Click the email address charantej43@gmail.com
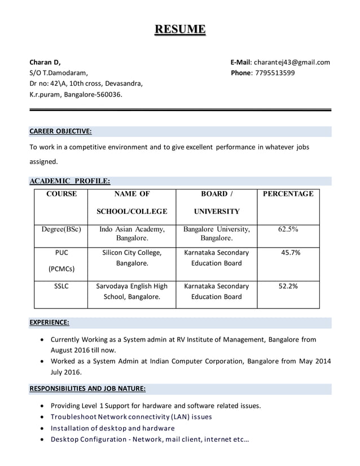[291, 62]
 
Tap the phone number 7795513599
[275, 73]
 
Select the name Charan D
[45, 62]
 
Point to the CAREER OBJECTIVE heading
[60, 131]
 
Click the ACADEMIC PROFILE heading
[69, 181]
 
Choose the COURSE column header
[62, 194]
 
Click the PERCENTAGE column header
[288, 194]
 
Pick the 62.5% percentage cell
[288, 230]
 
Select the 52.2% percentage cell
[288, 287]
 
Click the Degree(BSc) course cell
[62, 230]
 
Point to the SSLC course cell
[61, 287]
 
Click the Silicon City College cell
[131, 258]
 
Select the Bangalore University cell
[216, 234]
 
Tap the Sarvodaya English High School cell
[131, 291]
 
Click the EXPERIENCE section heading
[49, 322]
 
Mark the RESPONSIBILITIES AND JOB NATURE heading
[87, 389]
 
